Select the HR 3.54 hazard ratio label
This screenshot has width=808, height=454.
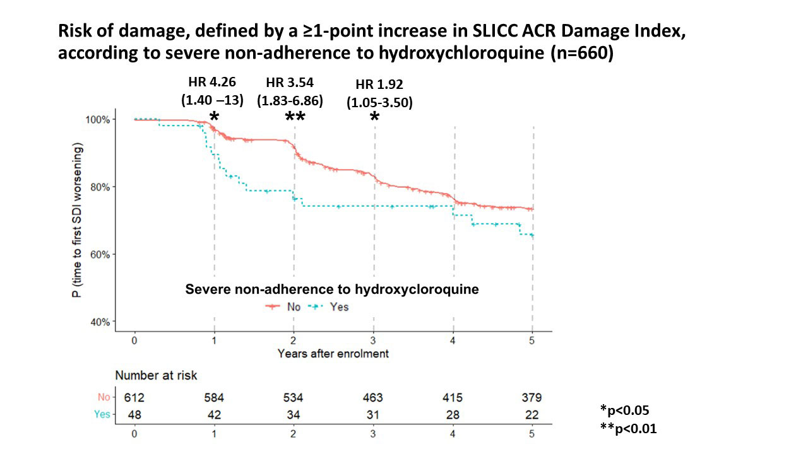(x=290, y=83)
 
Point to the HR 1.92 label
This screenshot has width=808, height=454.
(x=379, y=84)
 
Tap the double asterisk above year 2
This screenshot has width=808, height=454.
(x=295, y=118)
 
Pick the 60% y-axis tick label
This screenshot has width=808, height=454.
(x=104, y=255)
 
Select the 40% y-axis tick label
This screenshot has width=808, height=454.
(x=104, y=322)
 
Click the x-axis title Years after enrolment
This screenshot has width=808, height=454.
(x=333, y=353)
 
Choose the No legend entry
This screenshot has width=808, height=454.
(x=283, y=307)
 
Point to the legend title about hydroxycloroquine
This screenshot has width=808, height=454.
(x=331, y=289)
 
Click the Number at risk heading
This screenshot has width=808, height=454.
(x=156, y=375)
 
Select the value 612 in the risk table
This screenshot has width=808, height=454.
(x=134, y=398)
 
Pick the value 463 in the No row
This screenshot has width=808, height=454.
(x=373, y=398)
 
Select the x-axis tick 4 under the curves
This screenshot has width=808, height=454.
(x=453, y=340)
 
